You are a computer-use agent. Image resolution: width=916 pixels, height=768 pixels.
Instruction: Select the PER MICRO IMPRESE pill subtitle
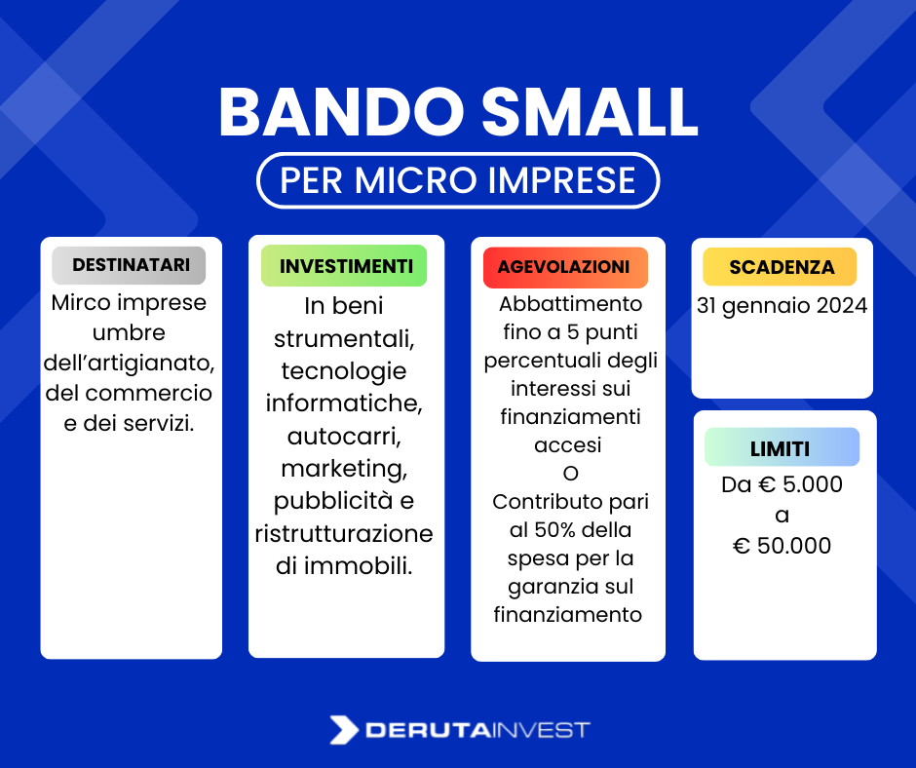[x=458, y=180]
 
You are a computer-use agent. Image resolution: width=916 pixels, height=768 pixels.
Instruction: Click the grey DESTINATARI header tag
[x=131, y=265]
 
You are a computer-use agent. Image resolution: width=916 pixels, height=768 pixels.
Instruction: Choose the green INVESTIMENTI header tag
[x=346, y=266]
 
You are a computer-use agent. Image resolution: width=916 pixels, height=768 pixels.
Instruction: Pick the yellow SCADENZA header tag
[x=782, y=267]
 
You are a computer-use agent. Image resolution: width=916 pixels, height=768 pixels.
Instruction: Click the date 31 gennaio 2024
[x=782, y=305]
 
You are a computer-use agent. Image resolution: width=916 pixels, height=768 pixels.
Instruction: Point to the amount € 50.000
[x=782, y=546]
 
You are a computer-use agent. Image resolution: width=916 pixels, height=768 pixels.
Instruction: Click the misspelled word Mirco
[x=79, y=302]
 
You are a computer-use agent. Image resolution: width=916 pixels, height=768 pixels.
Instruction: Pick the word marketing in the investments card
[x=343, y=468]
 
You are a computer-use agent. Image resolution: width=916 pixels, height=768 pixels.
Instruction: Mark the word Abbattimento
[x=570, y=304]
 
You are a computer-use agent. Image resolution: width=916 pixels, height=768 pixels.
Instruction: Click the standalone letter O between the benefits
[x=570, y=474]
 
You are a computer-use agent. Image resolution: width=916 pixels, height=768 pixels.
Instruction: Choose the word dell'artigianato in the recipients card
[x=129, y=364]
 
